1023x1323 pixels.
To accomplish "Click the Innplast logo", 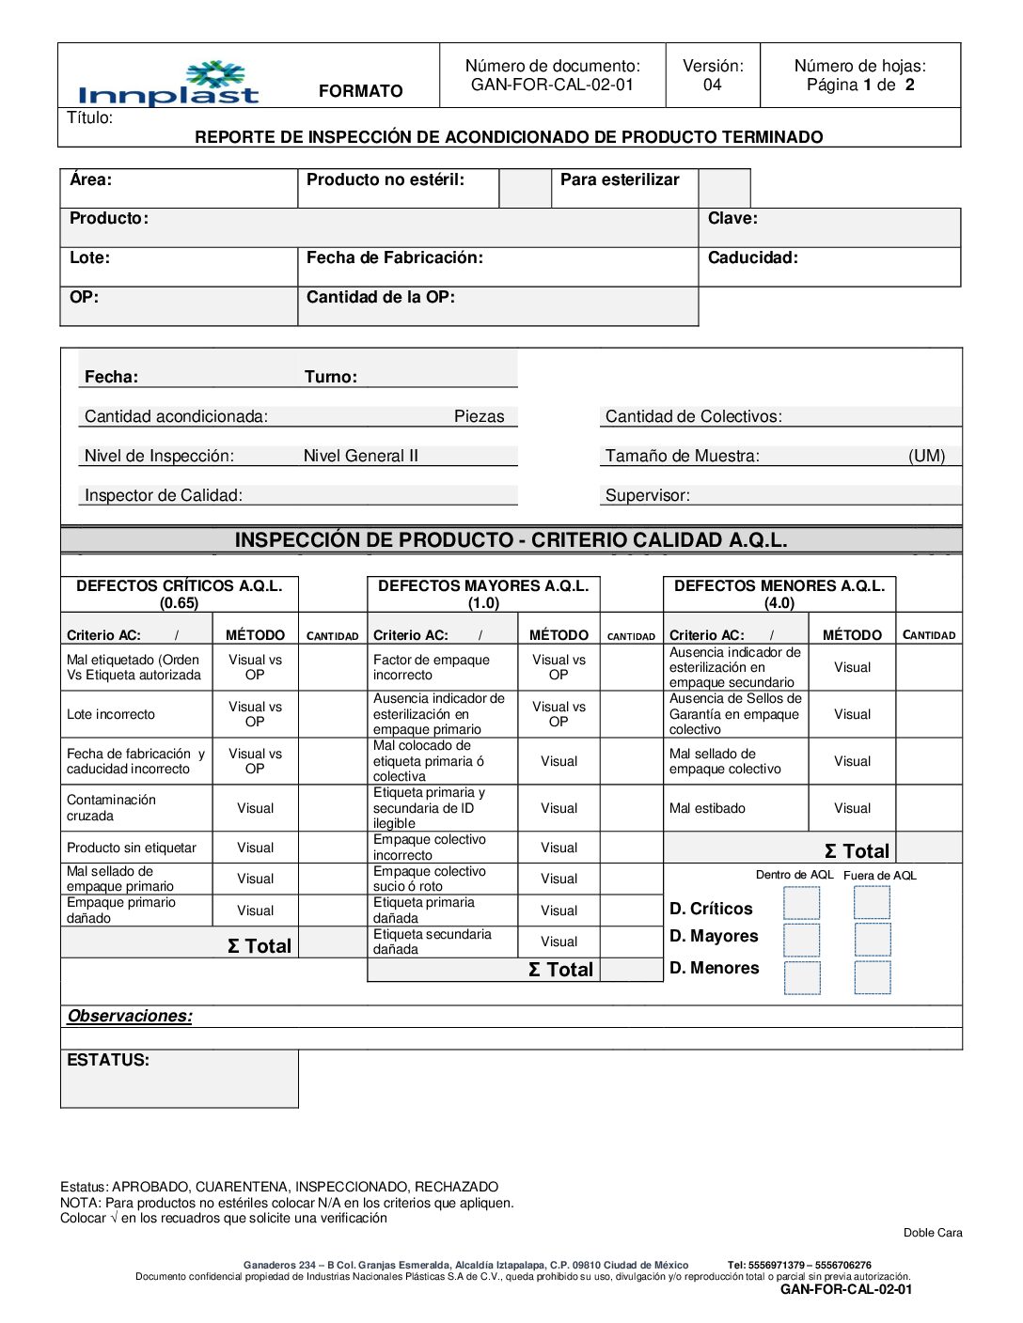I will point(169,85).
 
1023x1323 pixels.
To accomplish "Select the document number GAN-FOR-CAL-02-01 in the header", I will point(552,85).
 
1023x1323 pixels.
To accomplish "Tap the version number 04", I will point(712,85).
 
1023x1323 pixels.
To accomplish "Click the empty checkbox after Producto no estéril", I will point(525,188).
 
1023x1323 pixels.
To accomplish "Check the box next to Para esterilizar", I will point(724,188).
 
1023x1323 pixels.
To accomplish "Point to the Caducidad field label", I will point(752,257).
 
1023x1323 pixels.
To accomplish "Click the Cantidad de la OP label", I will point(381,297).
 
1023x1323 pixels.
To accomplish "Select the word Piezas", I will point(479,416).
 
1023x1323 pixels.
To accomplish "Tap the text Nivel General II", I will point(360,456).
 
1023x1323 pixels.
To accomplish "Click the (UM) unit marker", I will point(926,456).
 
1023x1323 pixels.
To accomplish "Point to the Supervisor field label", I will point(647,495).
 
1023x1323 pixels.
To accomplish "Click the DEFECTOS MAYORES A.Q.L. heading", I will point(483,585).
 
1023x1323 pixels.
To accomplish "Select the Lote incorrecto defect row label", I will point(111,714).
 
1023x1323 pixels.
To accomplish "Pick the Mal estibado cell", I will point(707,808).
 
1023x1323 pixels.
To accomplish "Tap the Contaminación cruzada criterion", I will point(111,807).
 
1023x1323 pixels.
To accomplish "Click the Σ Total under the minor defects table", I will point(856,851).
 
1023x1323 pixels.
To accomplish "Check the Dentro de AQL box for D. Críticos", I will point(801,903).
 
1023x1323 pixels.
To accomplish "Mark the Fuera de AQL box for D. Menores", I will point(872,977).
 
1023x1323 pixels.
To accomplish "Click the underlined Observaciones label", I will point(130,1016).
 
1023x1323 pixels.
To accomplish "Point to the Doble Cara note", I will point(932,1233).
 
